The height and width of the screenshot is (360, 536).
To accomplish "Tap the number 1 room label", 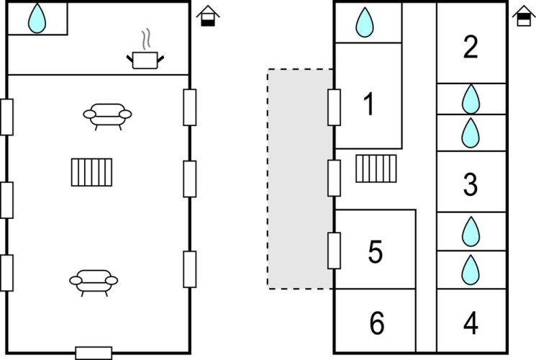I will click(x=368, y=105).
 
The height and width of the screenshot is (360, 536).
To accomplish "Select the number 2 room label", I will click(x=471, y=48).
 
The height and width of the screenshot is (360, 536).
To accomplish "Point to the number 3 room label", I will click(x=471, y=185).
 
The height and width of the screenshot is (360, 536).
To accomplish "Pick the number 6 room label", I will click(x=376, y=323).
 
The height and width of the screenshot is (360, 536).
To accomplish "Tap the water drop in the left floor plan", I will click(x=36, y=19).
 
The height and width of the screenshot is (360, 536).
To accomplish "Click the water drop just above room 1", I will click(x=365, y=23).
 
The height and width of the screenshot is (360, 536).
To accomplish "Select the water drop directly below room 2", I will click(x=471, y=98).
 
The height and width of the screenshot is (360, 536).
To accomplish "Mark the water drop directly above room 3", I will click(x=471, y=132).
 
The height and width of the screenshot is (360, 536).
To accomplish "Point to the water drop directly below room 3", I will click(x=471, y=231).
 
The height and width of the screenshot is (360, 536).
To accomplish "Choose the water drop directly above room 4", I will click(x=471, y=269).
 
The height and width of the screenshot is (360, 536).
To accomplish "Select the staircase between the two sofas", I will click(x=93, y=172).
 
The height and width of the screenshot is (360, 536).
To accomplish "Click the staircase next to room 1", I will click(x=376, y=169).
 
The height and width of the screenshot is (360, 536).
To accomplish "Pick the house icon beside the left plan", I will click(x=208, y=17).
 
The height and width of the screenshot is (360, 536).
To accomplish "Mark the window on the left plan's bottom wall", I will click(x=94, y=353).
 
